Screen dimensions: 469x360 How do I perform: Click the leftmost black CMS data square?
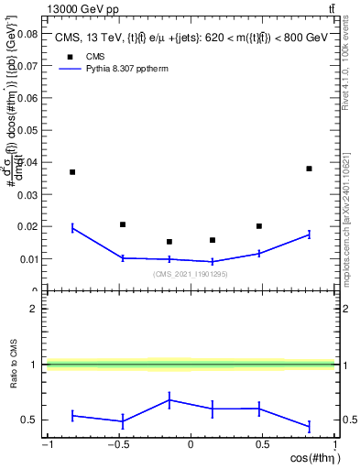(x=72, y=172)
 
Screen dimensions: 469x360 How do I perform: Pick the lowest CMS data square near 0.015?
(x=169, y=242)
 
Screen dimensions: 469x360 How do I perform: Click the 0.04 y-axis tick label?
(x=27, y=162)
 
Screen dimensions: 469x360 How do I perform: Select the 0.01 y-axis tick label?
(x=27, y=258)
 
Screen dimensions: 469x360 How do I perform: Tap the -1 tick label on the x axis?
(x=46, y=446)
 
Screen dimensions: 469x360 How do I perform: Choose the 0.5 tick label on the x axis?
(x=262, y=446)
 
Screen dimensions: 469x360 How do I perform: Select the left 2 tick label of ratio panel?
(x=33, y=309)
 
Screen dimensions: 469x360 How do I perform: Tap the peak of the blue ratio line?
(x=169, y=399)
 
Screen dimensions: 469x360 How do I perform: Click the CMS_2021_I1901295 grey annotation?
(x=190, y=274)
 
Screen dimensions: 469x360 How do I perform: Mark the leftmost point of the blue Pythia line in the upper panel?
(x=72, y=228)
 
